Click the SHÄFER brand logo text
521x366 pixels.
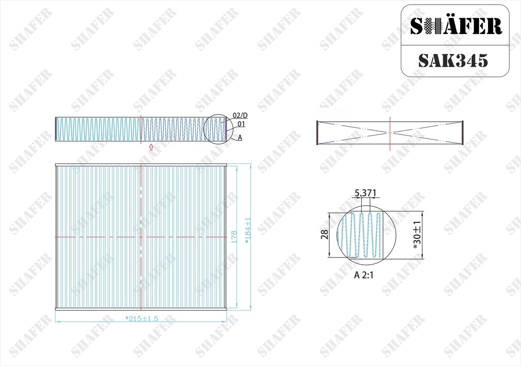click(456, 26)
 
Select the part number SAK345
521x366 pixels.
click(453, 61)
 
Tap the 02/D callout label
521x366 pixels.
click(240, 116)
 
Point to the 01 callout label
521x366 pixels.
click(241, 124)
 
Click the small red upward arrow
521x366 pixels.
click(151, 147)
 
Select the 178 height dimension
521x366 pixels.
click(234, 237)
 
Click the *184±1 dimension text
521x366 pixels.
click(248, 231)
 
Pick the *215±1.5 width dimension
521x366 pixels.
click(141, 319)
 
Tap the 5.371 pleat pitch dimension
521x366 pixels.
click(365, 193)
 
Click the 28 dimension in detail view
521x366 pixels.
click(325, 234)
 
